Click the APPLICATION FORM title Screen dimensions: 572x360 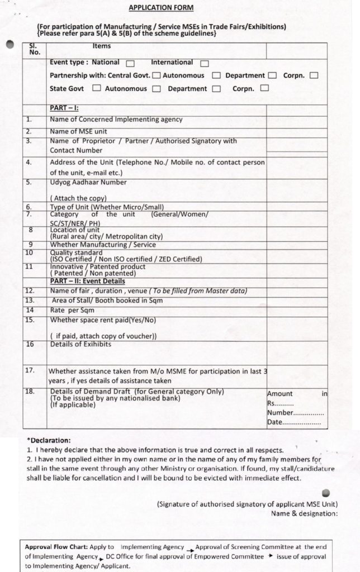coord(161,8)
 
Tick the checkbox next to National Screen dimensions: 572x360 coord(130,64)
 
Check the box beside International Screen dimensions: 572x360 coord(205,64)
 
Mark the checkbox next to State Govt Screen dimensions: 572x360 coord(97,88)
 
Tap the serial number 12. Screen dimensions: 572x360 coord(30,290)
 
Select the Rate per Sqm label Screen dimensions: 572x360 coord(72,310)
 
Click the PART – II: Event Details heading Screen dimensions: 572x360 coord(87,282)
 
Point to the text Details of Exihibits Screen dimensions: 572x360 coord(80,344)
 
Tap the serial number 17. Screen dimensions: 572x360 coord(30,370)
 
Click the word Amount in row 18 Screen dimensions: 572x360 coord(280,394)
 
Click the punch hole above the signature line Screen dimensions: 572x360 coord(327,493)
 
